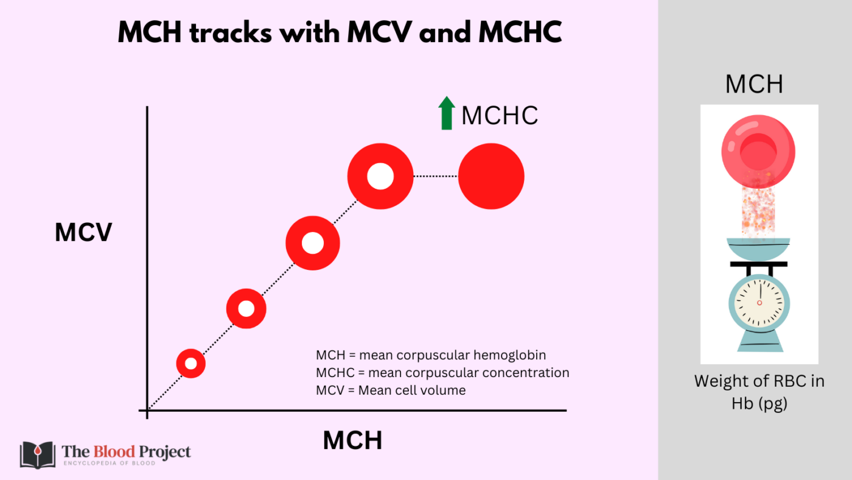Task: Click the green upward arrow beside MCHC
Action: tap(447, 113)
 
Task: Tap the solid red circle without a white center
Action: tap(491, 176)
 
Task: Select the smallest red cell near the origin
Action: tap(191, 364)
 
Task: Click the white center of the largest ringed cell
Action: tap(380, 176)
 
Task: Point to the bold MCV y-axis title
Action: tap(84, 232)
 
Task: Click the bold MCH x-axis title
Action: tap(352, 440)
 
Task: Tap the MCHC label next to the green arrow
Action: tap(500, 115)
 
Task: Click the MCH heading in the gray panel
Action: tap(754, 83)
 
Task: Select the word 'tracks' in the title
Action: tap(231, 32)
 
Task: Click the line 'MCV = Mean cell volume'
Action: tap(391, 390)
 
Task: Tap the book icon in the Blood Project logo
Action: tap(38, 455)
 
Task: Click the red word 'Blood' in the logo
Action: tap(114, 452)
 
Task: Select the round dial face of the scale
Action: tap(759, 303)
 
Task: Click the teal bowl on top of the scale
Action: tap(758, 249)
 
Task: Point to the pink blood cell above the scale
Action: tap(758, 152)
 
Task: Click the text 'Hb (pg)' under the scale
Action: tap(759, 403)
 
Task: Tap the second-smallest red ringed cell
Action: tap(246, 309)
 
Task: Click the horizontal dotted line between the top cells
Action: tap(436, 176)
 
